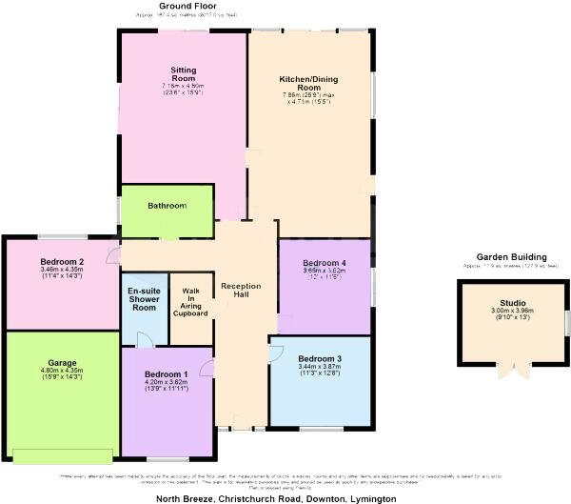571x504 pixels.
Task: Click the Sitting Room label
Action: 183,75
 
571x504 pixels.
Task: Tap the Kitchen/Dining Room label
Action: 311,83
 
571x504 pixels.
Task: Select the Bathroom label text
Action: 167,206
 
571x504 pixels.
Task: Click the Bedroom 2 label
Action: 63,262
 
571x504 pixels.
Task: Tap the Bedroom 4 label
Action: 325,262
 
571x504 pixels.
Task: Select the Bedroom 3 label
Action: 319,357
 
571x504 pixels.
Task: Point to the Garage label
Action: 62,363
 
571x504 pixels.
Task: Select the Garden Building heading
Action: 512,257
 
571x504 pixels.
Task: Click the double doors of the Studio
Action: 513,370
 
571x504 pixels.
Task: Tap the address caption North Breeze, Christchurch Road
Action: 275,497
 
